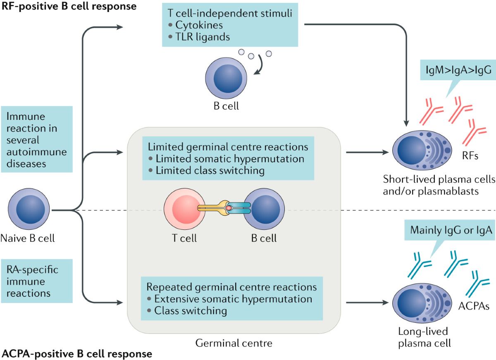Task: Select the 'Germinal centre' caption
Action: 234,343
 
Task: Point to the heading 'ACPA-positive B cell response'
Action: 77,354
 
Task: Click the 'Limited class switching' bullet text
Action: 210,170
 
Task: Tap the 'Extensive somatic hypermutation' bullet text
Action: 233,299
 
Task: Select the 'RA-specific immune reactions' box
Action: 37,282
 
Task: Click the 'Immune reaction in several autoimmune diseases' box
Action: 37,139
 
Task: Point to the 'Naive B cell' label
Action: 28,238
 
